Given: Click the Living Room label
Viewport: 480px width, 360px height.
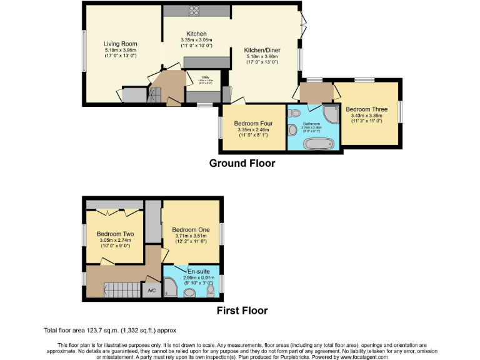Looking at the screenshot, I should click(120, 44).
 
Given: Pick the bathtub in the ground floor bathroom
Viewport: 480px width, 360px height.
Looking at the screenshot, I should click(319, 144).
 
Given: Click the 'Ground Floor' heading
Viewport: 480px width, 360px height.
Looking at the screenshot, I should click(242, 164).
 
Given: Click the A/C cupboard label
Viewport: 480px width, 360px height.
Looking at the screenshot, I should click(151, 291).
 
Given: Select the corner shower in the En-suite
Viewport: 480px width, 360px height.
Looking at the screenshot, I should click(171, 288).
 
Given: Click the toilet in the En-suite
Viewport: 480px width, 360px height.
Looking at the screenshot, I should click(210, 291).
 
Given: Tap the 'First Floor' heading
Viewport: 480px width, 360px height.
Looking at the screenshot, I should click(242, 311).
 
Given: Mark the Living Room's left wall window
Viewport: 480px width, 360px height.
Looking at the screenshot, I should click(84, 51).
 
